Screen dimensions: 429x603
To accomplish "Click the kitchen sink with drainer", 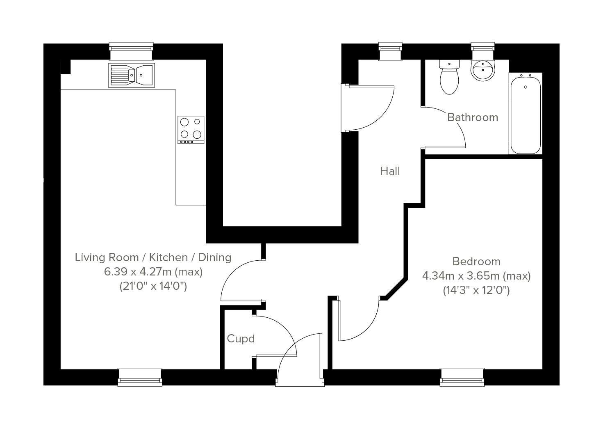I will click(132, 75).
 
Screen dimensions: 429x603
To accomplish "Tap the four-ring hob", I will click(191, 130).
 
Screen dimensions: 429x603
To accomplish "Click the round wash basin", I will click(483, 71).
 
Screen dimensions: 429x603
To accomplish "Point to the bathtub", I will click(526, 113).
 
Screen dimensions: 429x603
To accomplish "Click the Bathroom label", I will click(473, 117).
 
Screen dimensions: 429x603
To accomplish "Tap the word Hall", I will click(390, 171).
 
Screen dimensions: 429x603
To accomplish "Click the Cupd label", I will click(241, 339).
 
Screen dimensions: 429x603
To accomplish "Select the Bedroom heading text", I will click(476, 262).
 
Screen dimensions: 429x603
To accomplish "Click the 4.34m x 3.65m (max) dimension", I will click(476, 276).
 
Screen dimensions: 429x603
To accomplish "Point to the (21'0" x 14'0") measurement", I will click(153, 286).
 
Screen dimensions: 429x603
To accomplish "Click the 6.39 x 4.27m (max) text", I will click(153, 272).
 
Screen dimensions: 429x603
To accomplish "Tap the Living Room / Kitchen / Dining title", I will click(153, 257).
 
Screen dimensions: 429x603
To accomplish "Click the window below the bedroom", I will click(462, 377).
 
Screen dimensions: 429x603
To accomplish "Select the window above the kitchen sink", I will click(132, 52).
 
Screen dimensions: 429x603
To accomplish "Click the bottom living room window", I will click(140, 377).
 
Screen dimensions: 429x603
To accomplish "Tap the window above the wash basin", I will click(483, 52).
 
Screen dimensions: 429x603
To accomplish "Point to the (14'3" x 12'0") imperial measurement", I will click(476, 291).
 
